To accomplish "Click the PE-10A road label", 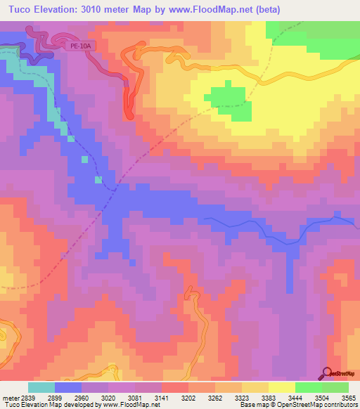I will [81, 46].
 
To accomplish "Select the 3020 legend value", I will [109, 397].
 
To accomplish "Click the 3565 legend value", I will [349, 397].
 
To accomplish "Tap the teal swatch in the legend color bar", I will [41, 387].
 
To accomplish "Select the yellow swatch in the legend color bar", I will [281, 387].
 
